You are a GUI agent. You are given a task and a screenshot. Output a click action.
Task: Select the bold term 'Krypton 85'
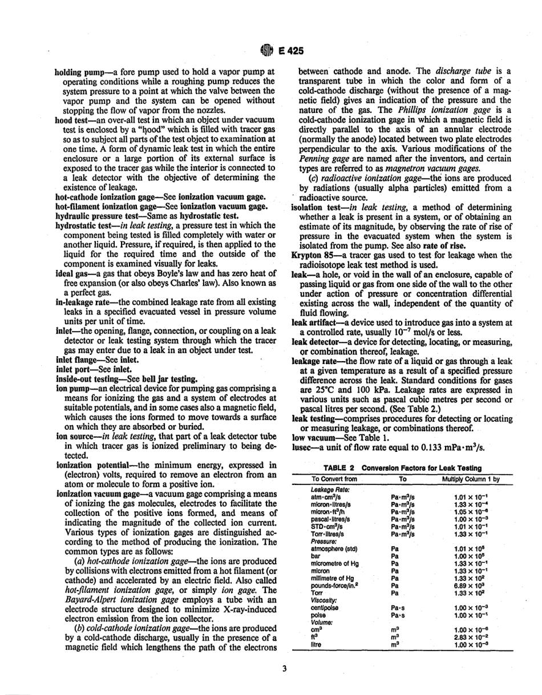coord(313,255)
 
